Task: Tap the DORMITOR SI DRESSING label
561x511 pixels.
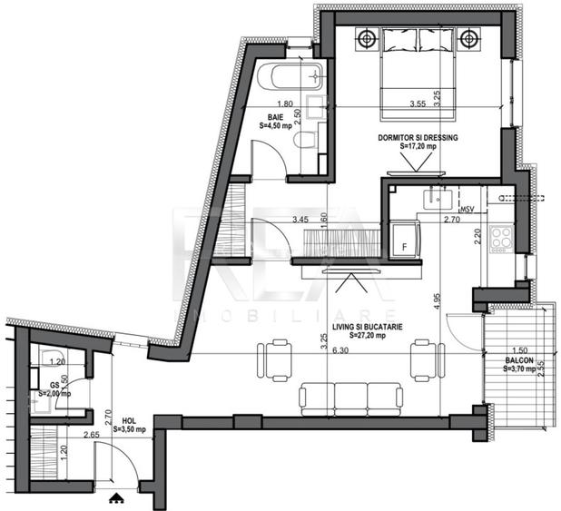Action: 418,137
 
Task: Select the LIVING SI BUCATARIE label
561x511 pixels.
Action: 367,326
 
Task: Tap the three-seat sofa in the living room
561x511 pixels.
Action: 349,395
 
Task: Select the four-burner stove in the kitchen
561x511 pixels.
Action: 501,240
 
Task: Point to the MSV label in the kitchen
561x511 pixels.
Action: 467,210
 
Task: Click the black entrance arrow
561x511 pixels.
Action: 114,497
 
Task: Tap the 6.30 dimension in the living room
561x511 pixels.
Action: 340,350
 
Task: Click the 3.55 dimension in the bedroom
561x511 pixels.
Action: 393,104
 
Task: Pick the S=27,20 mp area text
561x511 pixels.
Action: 367,335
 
